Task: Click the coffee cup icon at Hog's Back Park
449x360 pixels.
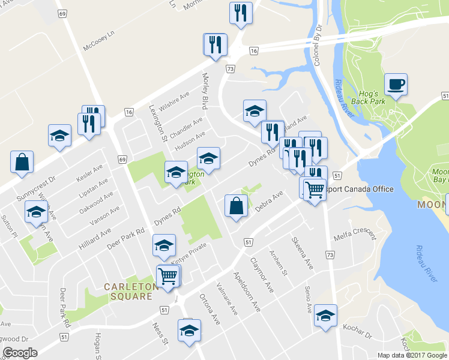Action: tap(396, 84)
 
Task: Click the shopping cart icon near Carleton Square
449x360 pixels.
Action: tap(167, 276)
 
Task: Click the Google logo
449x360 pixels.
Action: tap(20, 353)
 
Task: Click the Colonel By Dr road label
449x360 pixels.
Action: tap(318, 45)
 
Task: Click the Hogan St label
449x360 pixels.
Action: tap(97, 345)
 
